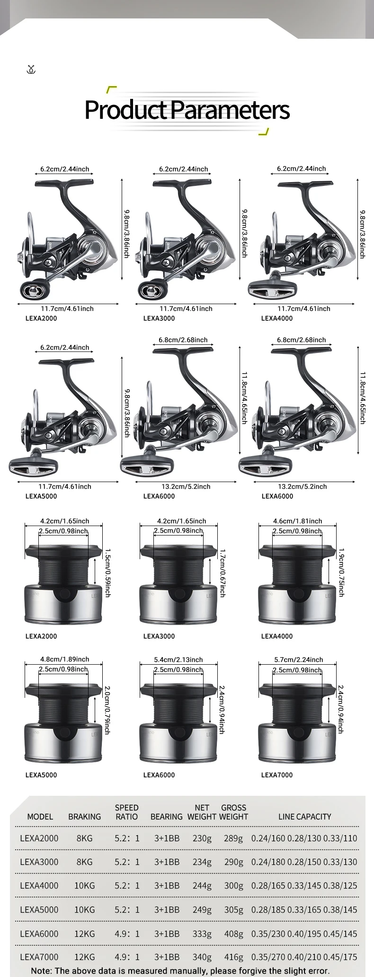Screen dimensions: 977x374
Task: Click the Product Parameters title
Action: point(187,110)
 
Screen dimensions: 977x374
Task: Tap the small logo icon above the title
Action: point(31,70)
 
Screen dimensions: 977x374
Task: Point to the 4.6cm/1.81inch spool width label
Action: point(297,521)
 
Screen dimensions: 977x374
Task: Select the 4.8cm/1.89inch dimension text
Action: point(64,659)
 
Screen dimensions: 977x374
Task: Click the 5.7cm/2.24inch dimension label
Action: point(298,660)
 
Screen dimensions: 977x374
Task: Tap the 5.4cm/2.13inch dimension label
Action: point(178,660)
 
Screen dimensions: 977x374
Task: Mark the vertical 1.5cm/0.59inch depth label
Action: point(107,572)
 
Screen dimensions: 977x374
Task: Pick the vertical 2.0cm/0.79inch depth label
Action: point(107,710)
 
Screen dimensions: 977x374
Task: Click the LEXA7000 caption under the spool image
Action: point(277,775)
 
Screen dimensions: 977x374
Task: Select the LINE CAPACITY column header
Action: point(304,817)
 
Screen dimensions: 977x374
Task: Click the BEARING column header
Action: point(166,817)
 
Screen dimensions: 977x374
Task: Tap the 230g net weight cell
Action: point(202,838)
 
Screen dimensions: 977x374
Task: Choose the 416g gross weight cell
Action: point(233,957)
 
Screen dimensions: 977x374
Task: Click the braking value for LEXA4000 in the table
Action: point(84,885)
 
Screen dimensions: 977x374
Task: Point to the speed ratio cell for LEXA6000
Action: point(127,933)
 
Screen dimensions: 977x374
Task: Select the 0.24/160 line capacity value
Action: point(268,838)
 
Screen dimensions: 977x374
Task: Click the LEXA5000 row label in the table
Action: point(39,909)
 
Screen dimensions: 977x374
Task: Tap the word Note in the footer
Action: point(41,971)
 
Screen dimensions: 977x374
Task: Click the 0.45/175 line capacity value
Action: point(340,957)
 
